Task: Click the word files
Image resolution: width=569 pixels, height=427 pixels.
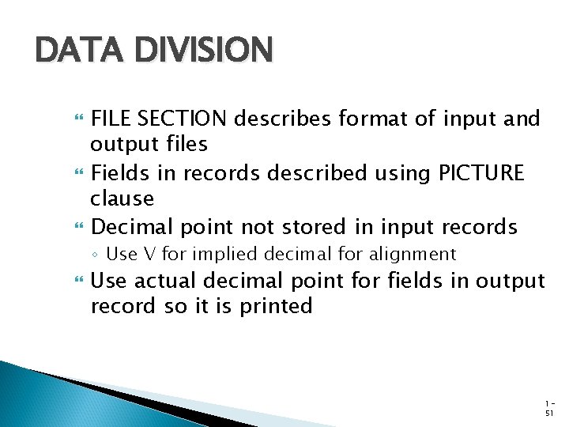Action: [187, 145]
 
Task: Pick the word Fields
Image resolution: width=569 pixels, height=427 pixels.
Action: [119, 172]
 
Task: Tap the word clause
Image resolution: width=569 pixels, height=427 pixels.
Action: [122, 198]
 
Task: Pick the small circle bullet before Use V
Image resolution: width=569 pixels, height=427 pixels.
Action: [96, 255]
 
